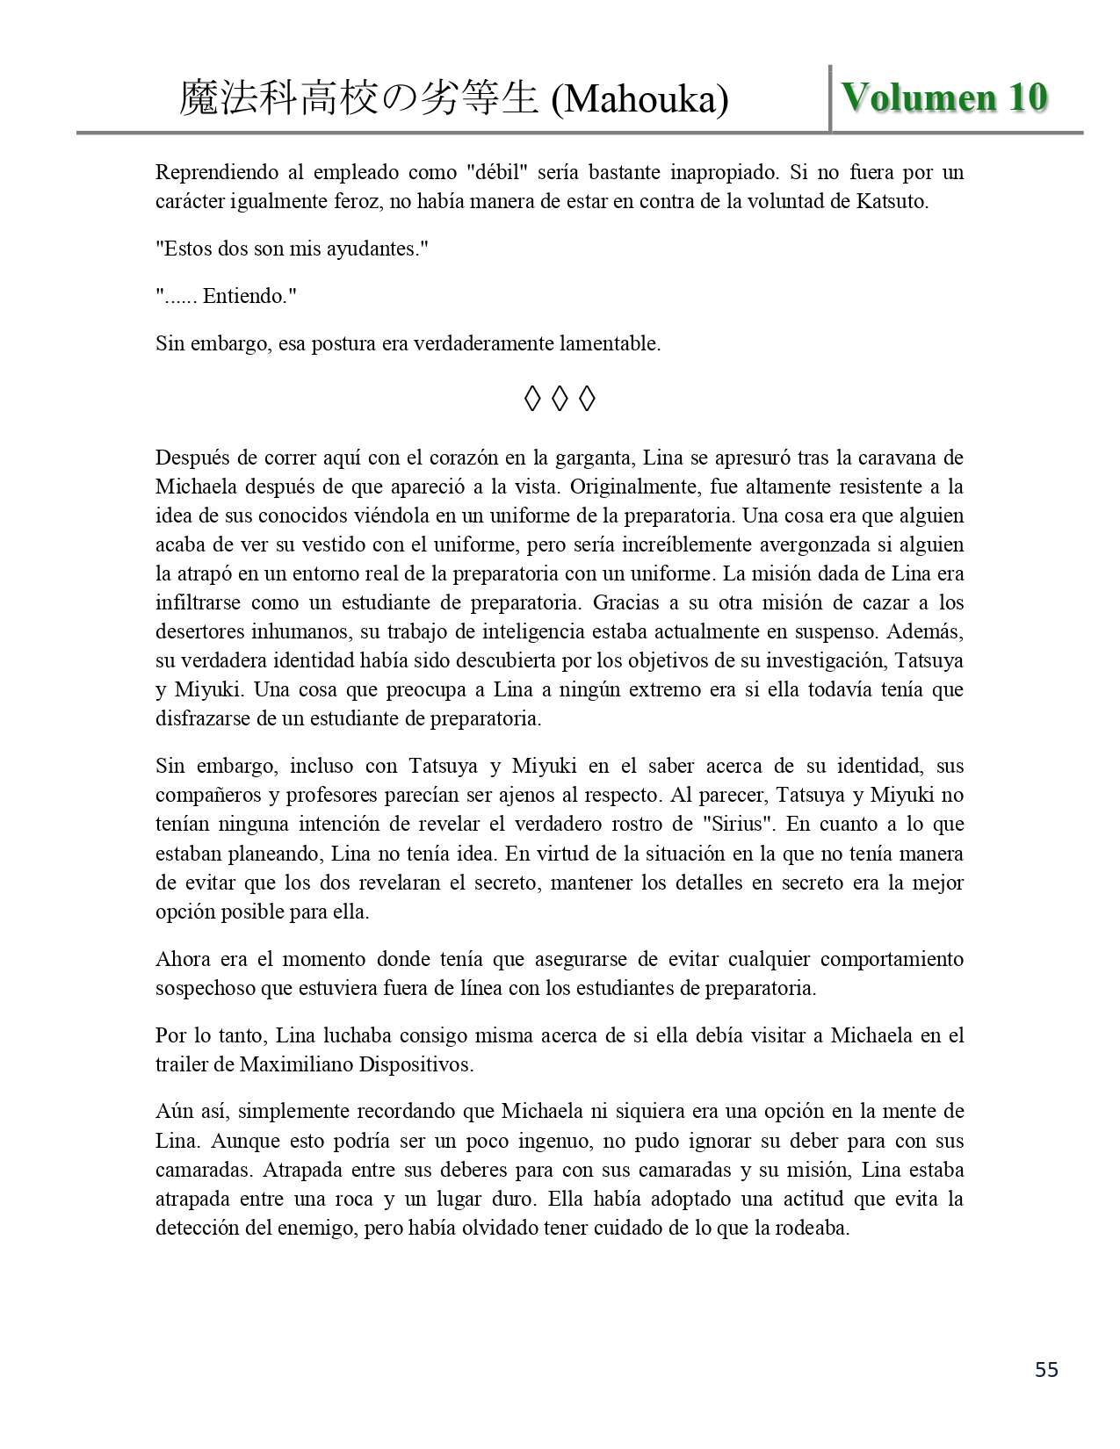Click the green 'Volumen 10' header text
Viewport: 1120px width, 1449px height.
pyautogui.click(x=944, y=97)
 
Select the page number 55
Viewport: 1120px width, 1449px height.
pyautogui.click(x=1046, y=1369)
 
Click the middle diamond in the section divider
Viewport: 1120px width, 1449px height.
pyautogui.click(x=560, y=400)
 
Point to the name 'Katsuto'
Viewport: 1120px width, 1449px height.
pyautogui.click(x=890, y=201)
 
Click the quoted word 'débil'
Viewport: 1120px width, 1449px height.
pyautogui.click(x=501, y=172)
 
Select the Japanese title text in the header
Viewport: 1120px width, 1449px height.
pyautogui.click(x=358, y=99)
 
